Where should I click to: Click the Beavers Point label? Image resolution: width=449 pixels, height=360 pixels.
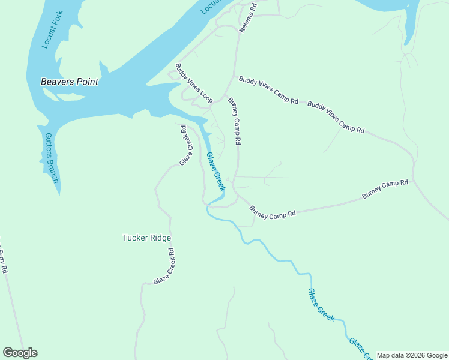pyautogui.click(x=69, y=82)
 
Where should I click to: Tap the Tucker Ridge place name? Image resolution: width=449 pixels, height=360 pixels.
pyautogui.click(x=146, y=238)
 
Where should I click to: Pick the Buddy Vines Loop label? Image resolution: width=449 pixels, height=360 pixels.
pyautogui.click(x=194, y=83)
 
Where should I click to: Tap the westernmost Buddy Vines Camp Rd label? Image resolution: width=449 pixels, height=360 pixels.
pyautogui.click(x=268, y=90)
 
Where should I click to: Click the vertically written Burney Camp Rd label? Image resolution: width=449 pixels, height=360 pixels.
pyautogui.click(x=234, y=122)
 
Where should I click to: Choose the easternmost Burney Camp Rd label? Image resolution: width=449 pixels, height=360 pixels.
pyautogui.click(x=385, y=190)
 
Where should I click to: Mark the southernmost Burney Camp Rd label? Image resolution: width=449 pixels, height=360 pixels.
pyautogui.click(x=273, y=212)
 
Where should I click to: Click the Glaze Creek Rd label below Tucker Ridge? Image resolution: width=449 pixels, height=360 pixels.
pyautogui.click(x=163, y=266)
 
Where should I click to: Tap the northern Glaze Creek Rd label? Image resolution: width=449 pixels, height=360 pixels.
pyautogui.click(x=187, y=145)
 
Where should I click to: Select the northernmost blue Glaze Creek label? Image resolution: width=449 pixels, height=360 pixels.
pyautogui.click(x=215, y=172)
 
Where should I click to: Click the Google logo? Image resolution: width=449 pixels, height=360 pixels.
pyautogui.click(x=20, y=353)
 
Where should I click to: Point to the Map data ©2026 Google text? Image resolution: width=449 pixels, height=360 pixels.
pyautogui.click(x=412, y=355)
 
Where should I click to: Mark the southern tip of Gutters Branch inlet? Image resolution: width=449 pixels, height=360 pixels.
pyautogui.click(x=59, y=194)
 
